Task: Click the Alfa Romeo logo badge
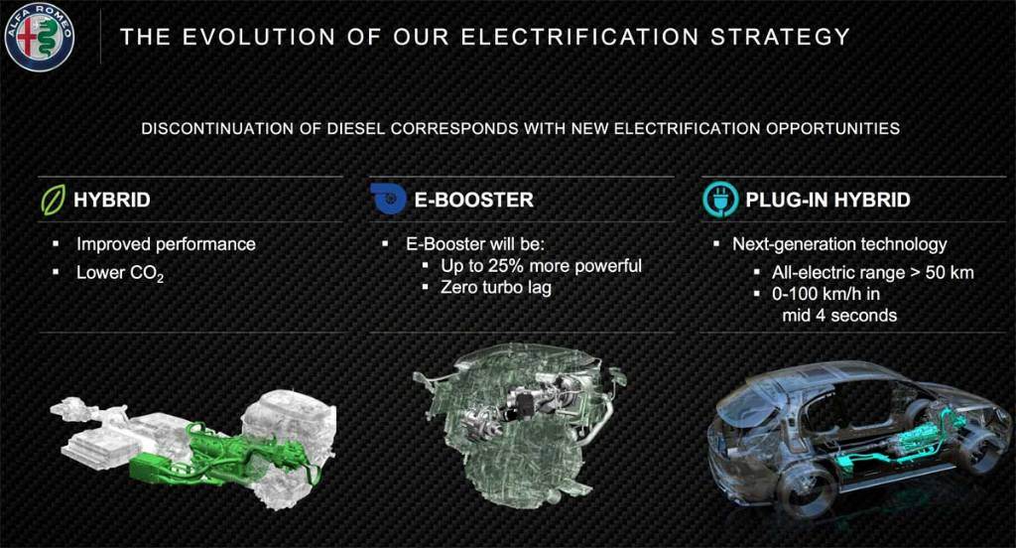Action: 40,36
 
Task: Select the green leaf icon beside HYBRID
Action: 54,200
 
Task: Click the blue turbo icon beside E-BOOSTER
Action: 388,199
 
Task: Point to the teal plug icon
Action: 720,199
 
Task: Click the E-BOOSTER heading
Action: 473,200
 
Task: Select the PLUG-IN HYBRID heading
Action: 828,200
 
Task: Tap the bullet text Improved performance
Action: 166,244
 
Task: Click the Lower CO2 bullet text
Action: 120,273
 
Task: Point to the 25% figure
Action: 506,266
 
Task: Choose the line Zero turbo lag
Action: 496,287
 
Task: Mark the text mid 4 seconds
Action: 839,316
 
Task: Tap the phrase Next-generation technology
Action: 839,244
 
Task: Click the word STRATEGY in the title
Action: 780,37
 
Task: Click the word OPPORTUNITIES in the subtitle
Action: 832,128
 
